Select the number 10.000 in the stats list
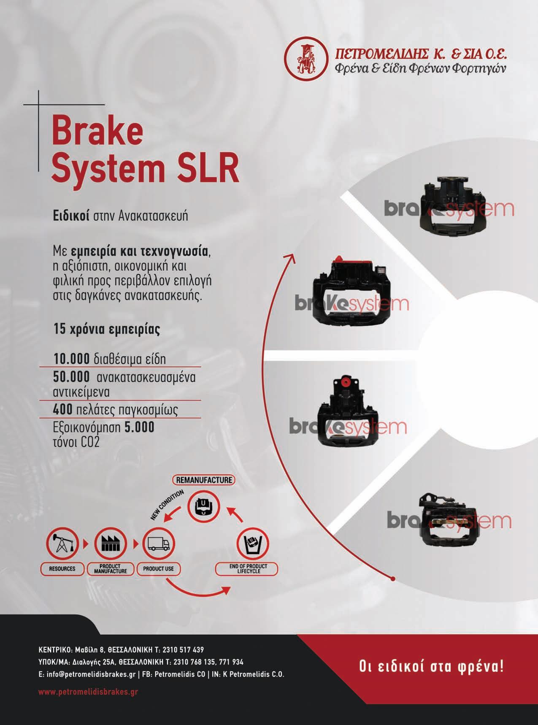pyautogui.click(x=71, y=359)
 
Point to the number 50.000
pyautogui.click(x=71, y=376)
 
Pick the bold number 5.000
pyautogui.click(x=139, y=427)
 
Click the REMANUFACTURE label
pyautogui.click(x=204, y=480)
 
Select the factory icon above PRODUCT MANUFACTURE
pyautogui.click(x=111, y=544)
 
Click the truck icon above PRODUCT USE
pyautogui.click(x=159, y=544)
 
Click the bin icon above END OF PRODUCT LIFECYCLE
pyautogui.click(x=253, y=544)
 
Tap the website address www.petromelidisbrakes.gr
pyautogui.click(x=88, y=692)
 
